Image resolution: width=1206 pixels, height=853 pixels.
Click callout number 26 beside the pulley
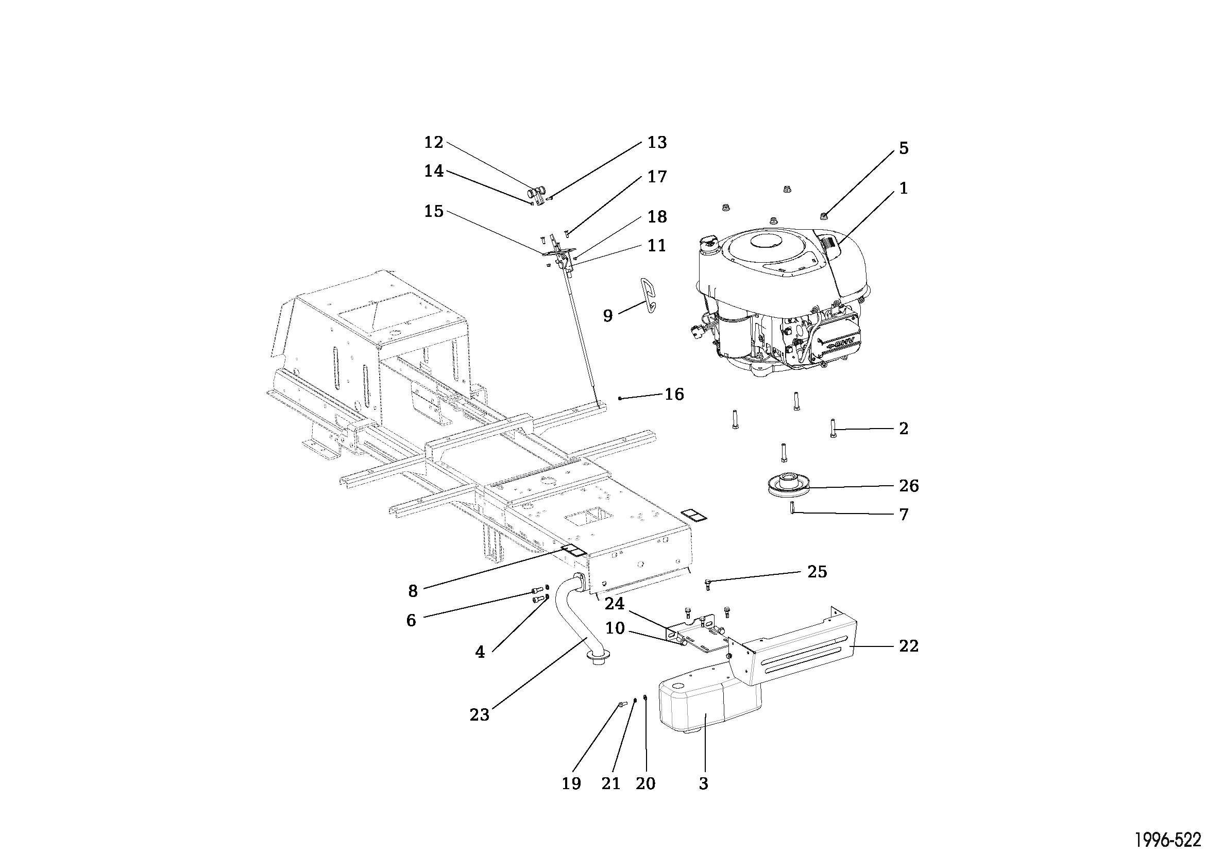point(909,486)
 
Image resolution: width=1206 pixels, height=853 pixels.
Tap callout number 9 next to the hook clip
point(608,316)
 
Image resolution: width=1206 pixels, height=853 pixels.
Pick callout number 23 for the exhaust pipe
point(479,714)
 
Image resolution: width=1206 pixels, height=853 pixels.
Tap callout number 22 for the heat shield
point(909,645)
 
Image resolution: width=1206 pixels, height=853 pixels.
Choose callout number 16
point(674,394)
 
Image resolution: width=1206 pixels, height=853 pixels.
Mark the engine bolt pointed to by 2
point(833,428)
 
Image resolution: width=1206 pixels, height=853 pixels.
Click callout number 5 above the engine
point(904,148)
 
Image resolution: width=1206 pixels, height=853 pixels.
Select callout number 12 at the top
point(434,142)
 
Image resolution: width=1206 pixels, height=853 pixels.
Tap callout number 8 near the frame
point(413,591)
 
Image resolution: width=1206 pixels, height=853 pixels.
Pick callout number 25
point(817,571)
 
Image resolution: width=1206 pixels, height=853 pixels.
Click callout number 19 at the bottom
point(571,783)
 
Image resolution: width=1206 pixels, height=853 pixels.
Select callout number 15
point(434,211)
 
